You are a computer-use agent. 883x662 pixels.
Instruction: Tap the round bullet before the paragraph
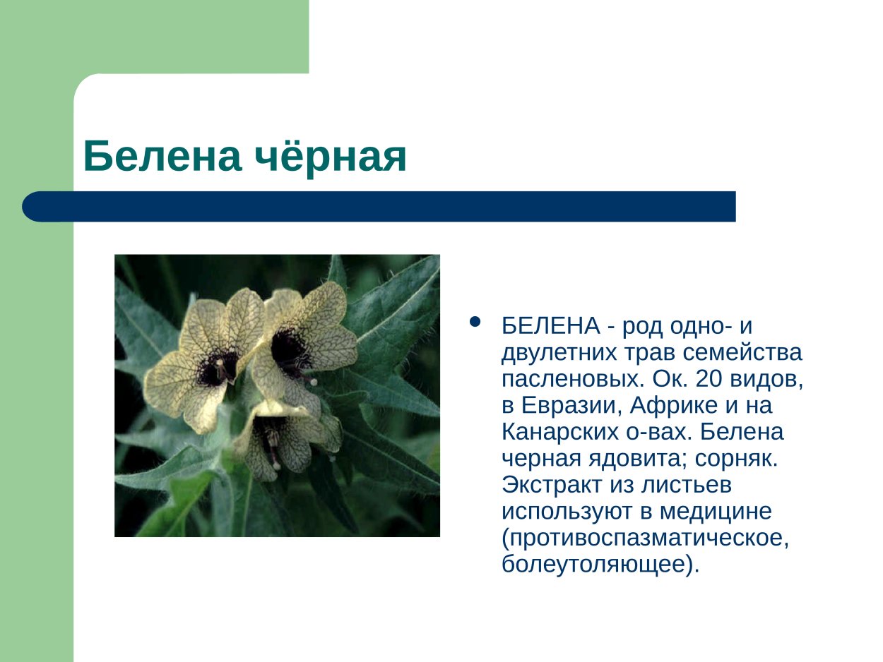[x=475, y=323]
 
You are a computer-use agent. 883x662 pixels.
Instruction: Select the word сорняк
[x=736, y=459]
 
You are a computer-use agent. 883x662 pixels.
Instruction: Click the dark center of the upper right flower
[x=290, y=349]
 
